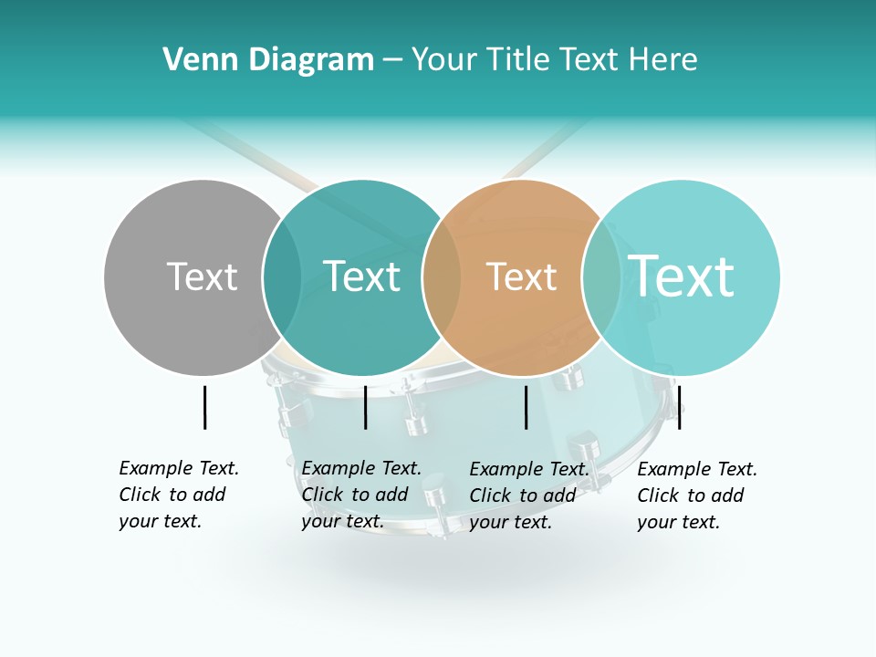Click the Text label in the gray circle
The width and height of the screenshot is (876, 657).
click(x=202, y=276)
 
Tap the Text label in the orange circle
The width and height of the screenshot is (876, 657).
click(x=521, y=276)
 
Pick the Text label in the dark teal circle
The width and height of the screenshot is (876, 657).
click(x=361, y=276)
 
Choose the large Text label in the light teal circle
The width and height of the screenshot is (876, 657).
click(x=681, y=276)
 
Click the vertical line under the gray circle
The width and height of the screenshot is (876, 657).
click(x=204, y=407)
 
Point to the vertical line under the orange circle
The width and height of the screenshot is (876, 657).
click(x=526, y=407)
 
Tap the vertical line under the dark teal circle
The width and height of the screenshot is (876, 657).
click(x=365, y=407)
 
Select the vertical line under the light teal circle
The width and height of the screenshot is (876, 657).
click(x=679, y=407)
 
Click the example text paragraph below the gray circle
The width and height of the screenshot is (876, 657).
click(x=179, y=495)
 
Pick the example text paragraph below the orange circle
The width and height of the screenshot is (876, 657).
click(x=529, y=495)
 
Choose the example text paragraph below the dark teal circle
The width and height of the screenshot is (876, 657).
click(x=361, y=495)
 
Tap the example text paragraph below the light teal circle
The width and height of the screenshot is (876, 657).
click(x=697, y=495)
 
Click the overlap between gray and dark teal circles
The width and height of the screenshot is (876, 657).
click(x=282, y=276)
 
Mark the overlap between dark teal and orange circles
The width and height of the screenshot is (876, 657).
click(x=442, y=276)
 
